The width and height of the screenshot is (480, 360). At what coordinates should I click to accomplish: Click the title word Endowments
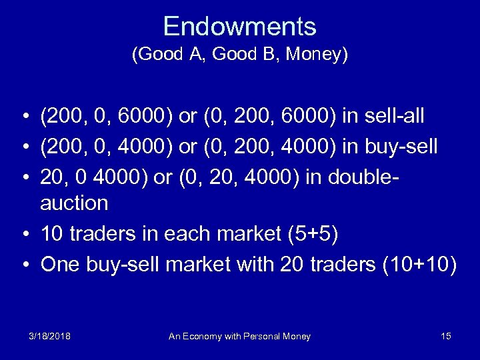click(239, 26)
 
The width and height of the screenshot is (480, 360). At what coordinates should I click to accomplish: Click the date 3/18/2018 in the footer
click(49, 336)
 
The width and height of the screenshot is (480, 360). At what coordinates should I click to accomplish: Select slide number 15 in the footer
click(446, 336)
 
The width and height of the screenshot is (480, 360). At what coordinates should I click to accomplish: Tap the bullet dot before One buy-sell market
click(23, 265)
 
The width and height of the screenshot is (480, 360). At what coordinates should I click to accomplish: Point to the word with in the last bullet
click(254, 265)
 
